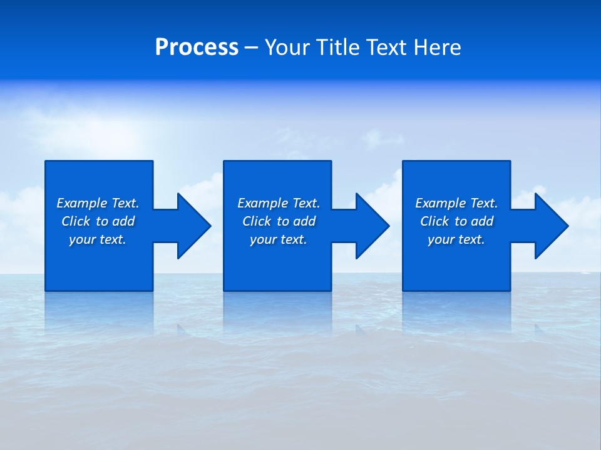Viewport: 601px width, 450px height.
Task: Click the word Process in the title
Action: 197,47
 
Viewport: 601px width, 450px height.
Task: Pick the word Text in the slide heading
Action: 388,47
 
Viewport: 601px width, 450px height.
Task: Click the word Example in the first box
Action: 82,203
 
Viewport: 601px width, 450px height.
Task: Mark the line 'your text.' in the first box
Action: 98,239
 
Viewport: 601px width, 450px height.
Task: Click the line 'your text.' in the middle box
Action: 279,239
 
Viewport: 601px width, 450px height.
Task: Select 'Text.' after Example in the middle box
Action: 306,203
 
